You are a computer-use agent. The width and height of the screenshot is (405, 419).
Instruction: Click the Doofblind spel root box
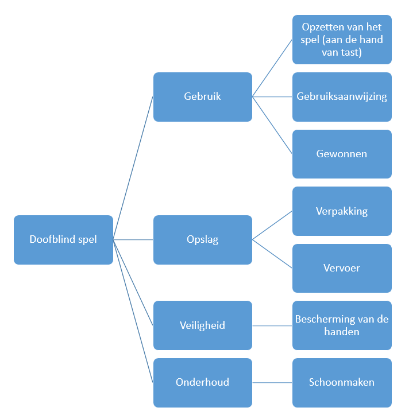click(x=63, y=240)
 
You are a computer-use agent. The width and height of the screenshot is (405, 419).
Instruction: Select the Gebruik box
click(x=202, y=97)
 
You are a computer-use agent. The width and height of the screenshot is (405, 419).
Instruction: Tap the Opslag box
click(x=202, y=240)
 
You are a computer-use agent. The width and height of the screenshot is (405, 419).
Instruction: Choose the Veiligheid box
click(x=202, y=325)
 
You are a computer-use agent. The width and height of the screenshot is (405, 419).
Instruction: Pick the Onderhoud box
click(x=202, y=383)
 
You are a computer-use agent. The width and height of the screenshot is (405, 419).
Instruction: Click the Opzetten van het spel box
click(x=342, y=40)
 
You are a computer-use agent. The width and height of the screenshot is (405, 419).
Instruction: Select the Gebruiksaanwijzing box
click(x=342, y=97)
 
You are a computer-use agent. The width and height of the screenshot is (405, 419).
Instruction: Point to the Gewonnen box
click(x=342, y=154)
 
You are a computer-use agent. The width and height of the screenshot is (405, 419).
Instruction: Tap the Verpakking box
click(x=342, y=211)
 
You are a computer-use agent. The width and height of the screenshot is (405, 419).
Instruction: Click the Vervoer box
click(x=342, y=268)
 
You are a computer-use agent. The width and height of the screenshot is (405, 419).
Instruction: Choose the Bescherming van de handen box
click(x=342, y=325)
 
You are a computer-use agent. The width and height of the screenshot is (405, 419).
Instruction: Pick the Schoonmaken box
click(x=342, y=383)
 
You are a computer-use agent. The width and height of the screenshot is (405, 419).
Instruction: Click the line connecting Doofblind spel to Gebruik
click(x=133, y=168)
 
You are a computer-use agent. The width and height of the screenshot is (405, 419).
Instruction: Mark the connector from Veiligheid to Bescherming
click(x=272, y=325)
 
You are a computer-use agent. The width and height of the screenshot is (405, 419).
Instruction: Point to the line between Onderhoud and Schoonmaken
click(x=272, y=383)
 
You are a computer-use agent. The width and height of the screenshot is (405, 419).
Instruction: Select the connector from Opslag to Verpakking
click(x=272, y=226)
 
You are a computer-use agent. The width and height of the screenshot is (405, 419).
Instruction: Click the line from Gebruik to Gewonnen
click(x=272, y=125)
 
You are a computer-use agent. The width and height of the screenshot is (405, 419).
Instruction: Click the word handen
click(x=342, y=332)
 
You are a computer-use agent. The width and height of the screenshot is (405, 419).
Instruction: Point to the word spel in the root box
click(x=86, y=240)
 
